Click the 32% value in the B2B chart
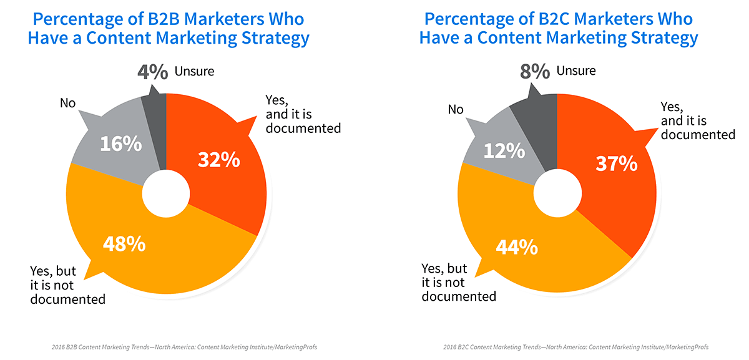(x=219, y=160)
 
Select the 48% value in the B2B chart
(x=125, y=244)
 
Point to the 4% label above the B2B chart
(x=153, y=72)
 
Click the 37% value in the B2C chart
(x=616, y=163)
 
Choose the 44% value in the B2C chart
(x=516, y=248)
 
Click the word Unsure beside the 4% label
(x=194, y=71)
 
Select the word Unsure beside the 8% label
(x=575, y=71)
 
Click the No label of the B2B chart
(x=67, y=103)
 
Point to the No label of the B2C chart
(x=456, y=110)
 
